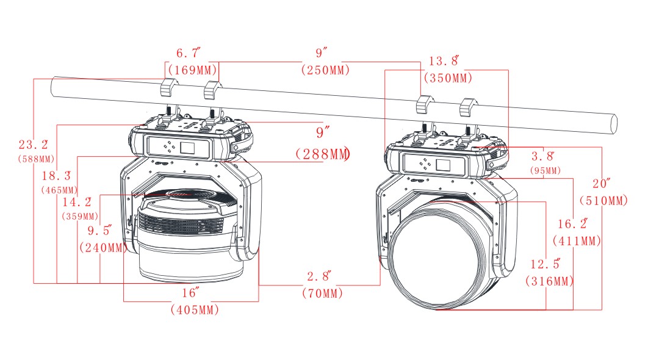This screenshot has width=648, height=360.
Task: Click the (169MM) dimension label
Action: pos(190,70)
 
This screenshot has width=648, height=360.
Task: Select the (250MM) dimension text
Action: pos(326,70)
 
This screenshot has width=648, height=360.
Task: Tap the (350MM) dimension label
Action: pos(450,77)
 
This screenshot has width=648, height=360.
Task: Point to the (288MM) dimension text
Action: pos(322,154)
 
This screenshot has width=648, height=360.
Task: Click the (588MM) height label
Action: pos(35,159)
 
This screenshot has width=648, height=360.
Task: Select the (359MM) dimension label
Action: pos(80,216)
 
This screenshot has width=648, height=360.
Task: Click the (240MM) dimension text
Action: pos(104,248)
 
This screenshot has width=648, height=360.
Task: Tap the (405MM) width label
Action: pos(195,310)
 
